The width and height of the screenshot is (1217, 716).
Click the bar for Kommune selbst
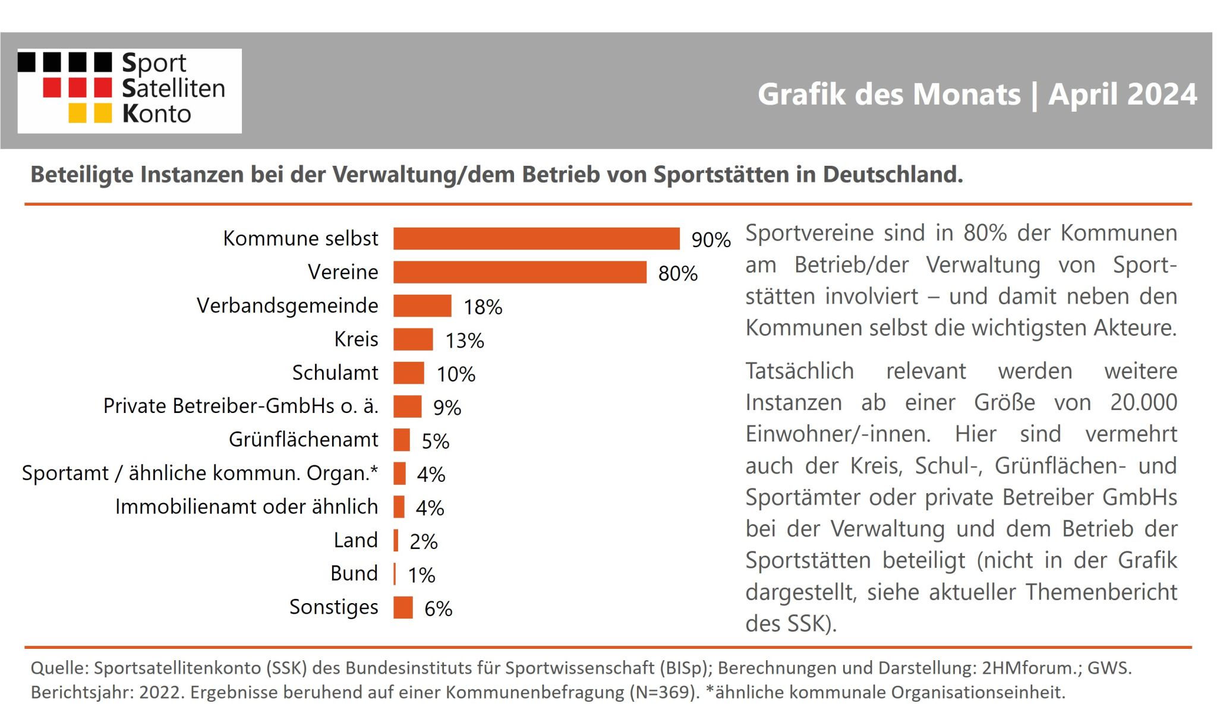click(x=536, y=238)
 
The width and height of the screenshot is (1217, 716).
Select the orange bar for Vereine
click(x=520, y=272)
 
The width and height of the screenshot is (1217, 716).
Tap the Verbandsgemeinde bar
click(x=423, y=305)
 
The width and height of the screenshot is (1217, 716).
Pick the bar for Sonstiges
click(x=403, y=607)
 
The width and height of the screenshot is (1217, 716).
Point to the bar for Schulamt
click(x=409, y=373)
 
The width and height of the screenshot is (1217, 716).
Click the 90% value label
click(x=711, y=239)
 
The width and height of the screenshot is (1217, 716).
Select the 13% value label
click(x=465, y=340)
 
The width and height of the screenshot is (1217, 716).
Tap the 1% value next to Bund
click(x=421, y=575)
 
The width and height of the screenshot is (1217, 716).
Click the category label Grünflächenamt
click(x=304, y=439)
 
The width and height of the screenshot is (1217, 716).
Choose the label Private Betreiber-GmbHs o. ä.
click(x=241, y=405)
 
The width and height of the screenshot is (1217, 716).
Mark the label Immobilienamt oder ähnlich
click(x=247, y=506)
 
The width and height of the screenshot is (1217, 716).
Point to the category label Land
click(x=356, y=540)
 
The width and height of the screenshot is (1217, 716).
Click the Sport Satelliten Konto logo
click(x=130, y=91)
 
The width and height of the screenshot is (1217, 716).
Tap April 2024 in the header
click(x=1123, y=94)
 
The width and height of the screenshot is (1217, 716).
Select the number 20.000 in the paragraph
click(x=1144, y=402)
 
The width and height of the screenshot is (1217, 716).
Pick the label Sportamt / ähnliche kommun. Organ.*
click(x=200, y=473)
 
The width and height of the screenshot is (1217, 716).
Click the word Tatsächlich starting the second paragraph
click(x=800, y=371)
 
